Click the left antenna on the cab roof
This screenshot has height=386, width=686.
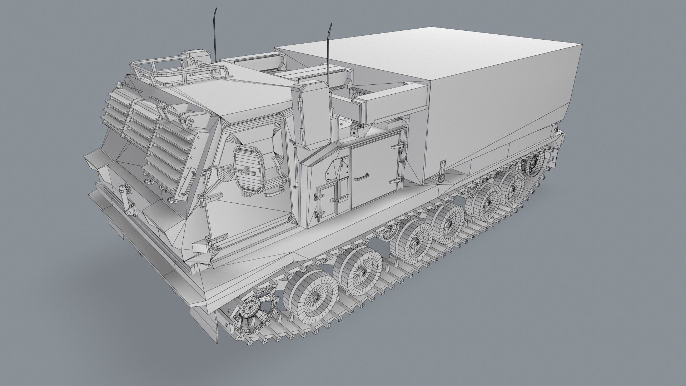tap(215, 34)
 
